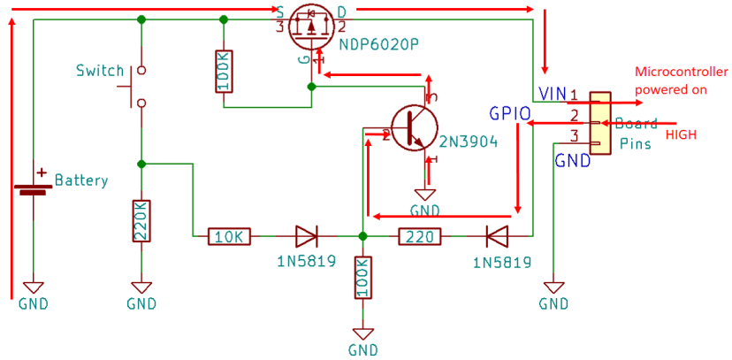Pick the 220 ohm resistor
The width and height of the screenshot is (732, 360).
(x=420, y=236)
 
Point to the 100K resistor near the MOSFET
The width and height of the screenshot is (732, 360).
(x=224, y=70)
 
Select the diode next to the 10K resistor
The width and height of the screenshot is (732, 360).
(x=306, y=236)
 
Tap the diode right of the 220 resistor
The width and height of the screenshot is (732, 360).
(x=497, y=236)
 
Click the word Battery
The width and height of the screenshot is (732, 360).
(x=81, y=180)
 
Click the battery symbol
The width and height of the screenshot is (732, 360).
(x=33, y=186)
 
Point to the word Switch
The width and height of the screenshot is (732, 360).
(x=100, y=70)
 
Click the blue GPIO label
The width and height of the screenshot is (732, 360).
(x=510, y=113)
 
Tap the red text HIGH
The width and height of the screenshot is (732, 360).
(x=681, y=134)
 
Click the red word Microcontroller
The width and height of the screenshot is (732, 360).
(x=682, y=73)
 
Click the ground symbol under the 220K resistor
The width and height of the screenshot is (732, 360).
(x=141, y=287)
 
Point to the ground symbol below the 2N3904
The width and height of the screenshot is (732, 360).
(x=425, y=195)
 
